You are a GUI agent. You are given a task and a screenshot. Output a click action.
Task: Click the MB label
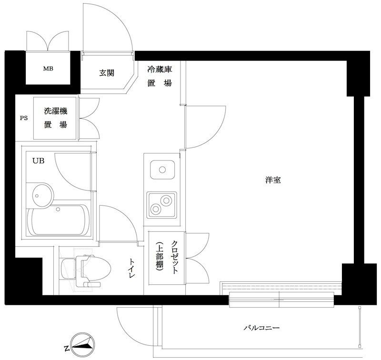point(49,69)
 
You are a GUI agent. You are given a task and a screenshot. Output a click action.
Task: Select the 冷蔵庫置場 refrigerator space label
point(159,76)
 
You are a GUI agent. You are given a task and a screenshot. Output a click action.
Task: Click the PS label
point(23,119)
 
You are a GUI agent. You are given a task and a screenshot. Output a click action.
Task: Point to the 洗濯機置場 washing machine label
point(55,119)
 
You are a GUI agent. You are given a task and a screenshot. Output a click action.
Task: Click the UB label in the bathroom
point(38,161)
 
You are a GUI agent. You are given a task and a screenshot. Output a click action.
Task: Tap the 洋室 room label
point(272,180)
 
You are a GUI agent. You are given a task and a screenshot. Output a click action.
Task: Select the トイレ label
point(132,268)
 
